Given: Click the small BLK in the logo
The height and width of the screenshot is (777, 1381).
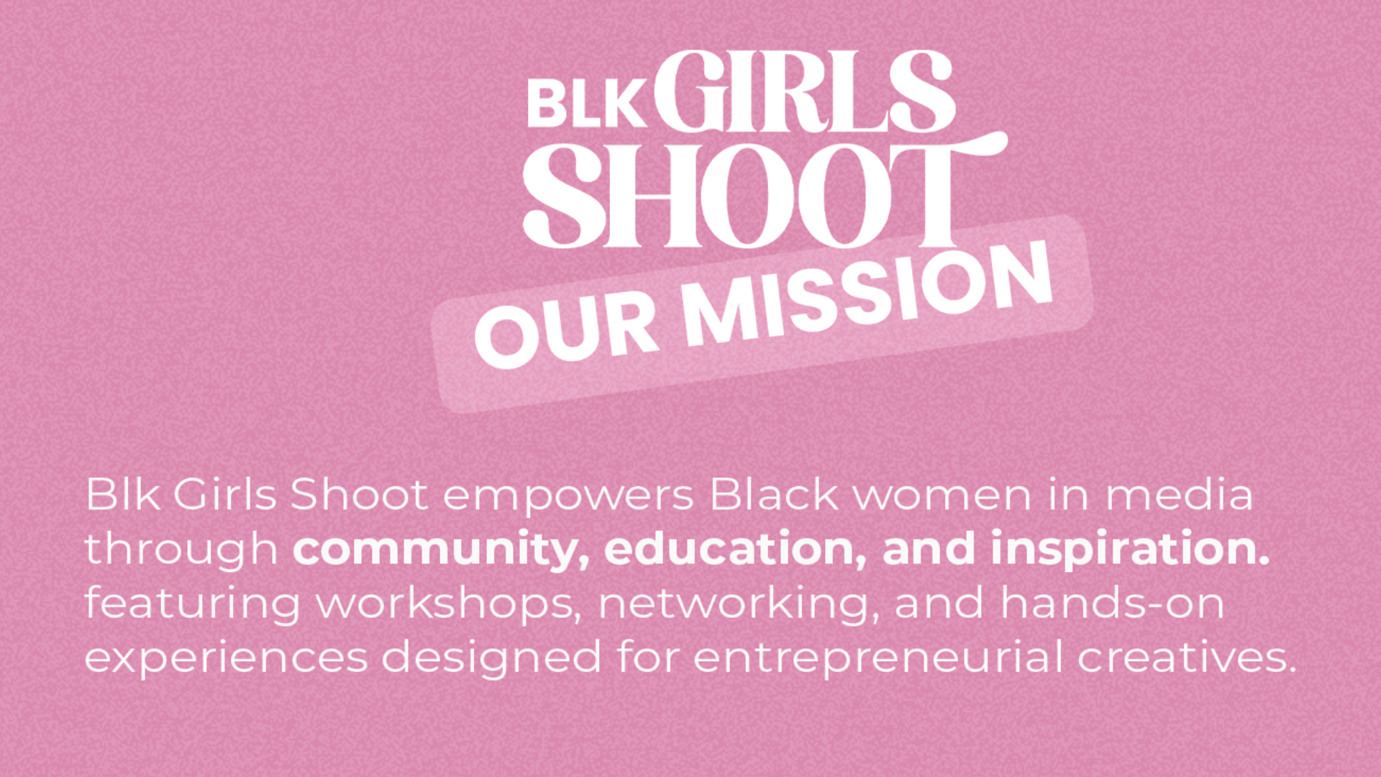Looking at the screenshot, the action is point(586,104).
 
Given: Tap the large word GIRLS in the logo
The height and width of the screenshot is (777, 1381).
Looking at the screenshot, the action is point(804,91).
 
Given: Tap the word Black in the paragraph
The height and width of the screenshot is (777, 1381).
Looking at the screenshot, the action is point(774,494).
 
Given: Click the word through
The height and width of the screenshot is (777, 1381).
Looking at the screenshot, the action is point(181,550).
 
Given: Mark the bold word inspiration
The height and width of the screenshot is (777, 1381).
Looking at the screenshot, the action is point(1130,550).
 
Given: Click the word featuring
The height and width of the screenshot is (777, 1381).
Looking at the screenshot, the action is point(192,604).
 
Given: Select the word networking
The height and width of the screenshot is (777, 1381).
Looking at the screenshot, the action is point(739,604).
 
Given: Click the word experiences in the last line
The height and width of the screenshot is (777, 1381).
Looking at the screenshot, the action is point(226,658).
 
